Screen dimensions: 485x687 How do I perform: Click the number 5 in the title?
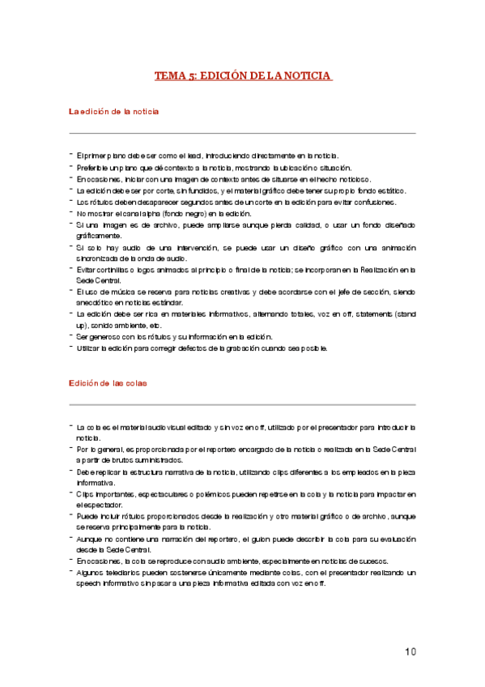192,76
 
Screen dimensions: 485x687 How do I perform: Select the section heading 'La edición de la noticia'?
113,111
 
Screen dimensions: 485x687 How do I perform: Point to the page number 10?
411,651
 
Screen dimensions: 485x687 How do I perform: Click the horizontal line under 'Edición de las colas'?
242,403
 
